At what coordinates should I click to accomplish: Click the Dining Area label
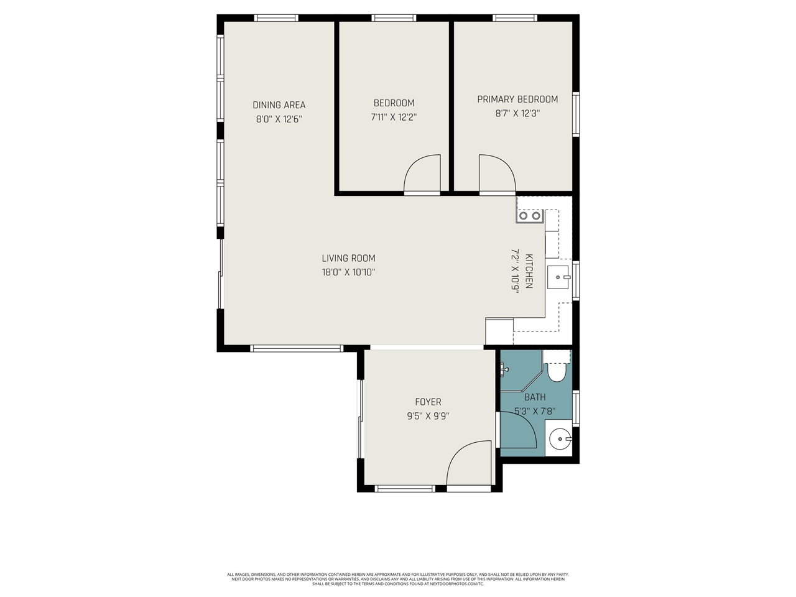[279, 105]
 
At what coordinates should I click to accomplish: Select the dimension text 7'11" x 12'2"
[394, 117]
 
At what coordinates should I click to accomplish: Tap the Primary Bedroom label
[517, 99]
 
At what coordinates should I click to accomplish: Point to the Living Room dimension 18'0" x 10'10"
[348, 272]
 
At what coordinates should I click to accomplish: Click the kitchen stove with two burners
[529, 216]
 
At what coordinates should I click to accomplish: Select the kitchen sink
[558, 277]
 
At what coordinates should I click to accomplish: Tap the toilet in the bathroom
[556, 371]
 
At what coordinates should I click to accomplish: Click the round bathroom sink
[560, 438]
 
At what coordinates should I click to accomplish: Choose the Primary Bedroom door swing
[496, 175]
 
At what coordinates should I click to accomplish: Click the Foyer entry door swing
[470, 464]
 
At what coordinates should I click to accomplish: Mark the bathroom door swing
[518, 430]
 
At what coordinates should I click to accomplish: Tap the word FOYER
[428, 402]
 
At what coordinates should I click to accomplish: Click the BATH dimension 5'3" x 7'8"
[535, 411]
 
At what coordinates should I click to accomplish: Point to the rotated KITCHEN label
[529, 271]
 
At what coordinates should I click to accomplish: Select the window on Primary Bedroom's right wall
[576, 114]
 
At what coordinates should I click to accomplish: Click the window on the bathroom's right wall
[576, 409]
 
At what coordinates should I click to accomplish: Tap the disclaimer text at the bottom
[398, 579]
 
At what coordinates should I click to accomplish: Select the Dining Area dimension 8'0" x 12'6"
[279, 119]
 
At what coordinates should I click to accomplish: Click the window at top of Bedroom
[394, 18]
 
